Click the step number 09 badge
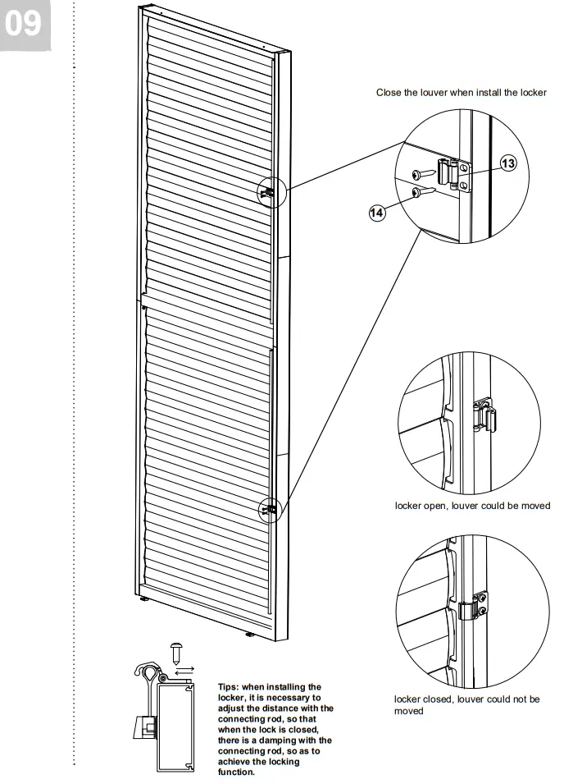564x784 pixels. [25, 24]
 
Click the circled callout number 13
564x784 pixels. [507, 163]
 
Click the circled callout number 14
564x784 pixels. [376, 212]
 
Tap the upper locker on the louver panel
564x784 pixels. [269, 192]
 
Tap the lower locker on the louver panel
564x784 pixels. [268, 509]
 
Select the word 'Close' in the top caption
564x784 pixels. [389, 93]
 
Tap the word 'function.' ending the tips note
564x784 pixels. [236, 772]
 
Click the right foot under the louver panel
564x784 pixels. [249, 634]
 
